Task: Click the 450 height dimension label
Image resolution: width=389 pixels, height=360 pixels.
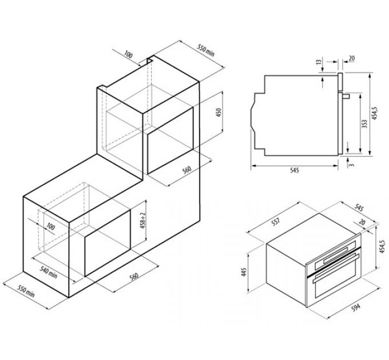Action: tap(219, 113)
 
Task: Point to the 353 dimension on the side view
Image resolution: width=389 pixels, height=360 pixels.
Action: tap(364, 124)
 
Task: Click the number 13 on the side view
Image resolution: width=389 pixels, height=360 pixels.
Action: tap(319, 61)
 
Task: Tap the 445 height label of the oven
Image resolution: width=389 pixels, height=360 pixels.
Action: tap(244, 272)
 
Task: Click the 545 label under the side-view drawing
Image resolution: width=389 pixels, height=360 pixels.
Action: tap(295, 170)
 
